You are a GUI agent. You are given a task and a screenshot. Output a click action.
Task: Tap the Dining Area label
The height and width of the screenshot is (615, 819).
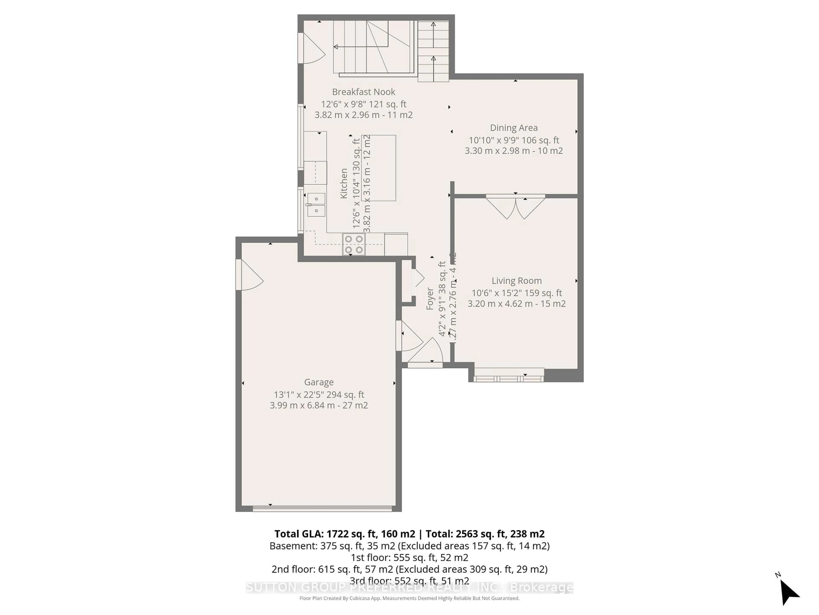click(x=514, y=128)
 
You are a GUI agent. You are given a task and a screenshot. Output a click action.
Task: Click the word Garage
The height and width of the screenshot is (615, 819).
click(x=319, y=382)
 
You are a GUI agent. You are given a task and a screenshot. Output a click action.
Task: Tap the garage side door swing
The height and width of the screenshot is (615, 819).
click(x=250, y=275)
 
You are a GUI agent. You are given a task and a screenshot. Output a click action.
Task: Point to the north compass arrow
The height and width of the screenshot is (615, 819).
click(x=789, y=593)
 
